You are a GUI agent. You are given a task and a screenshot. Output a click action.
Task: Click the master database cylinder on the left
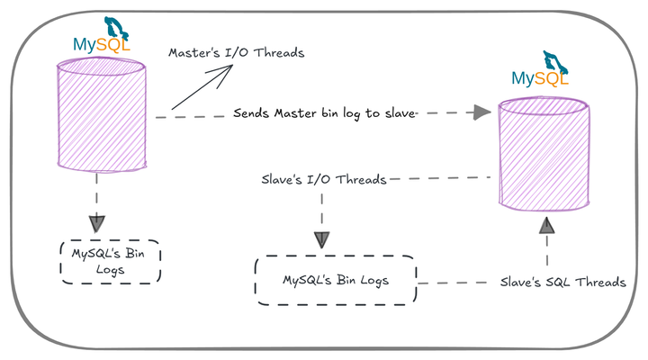[102, 114]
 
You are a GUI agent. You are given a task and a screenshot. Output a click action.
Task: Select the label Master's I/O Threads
[237, 52]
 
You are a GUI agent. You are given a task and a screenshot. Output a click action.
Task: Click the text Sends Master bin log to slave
[324, 113]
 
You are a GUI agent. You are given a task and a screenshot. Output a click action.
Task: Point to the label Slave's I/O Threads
[323, 180]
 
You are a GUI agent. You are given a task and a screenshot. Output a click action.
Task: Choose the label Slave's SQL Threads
[562, 282]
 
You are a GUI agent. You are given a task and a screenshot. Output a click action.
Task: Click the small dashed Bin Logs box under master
[108, 261]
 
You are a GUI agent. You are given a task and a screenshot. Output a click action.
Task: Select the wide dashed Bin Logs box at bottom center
[336, 281]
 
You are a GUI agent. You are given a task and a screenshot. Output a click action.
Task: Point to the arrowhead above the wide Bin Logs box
[322, 240]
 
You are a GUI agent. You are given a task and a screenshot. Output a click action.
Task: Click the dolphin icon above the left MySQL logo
[116, 26]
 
